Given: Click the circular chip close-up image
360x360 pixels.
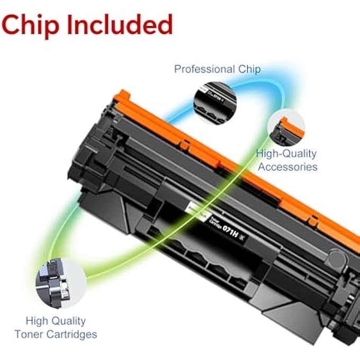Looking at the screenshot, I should tap(214, 97).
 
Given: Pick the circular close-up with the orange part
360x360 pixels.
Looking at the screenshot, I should tap(286, 128).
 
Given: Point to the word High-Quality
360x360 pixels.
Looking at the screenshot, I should tap(286, 154).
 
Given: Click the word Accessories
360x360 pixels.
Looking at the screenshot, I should tap(287, 167).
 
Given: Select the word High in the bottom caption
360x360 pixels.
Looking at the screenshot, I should tap(38, 321).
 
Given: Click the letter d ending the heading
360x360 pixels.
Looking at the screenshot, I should tap(166, 24).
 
